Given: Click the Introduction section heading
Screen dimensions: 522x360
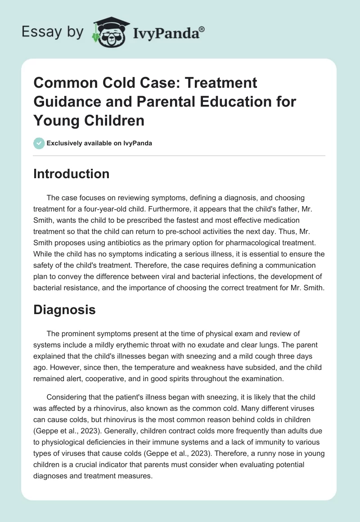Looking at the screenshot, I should pos(71,174).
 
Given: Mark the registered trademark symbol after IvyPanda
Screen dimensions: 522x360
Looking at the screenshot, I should pos(202,29).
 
